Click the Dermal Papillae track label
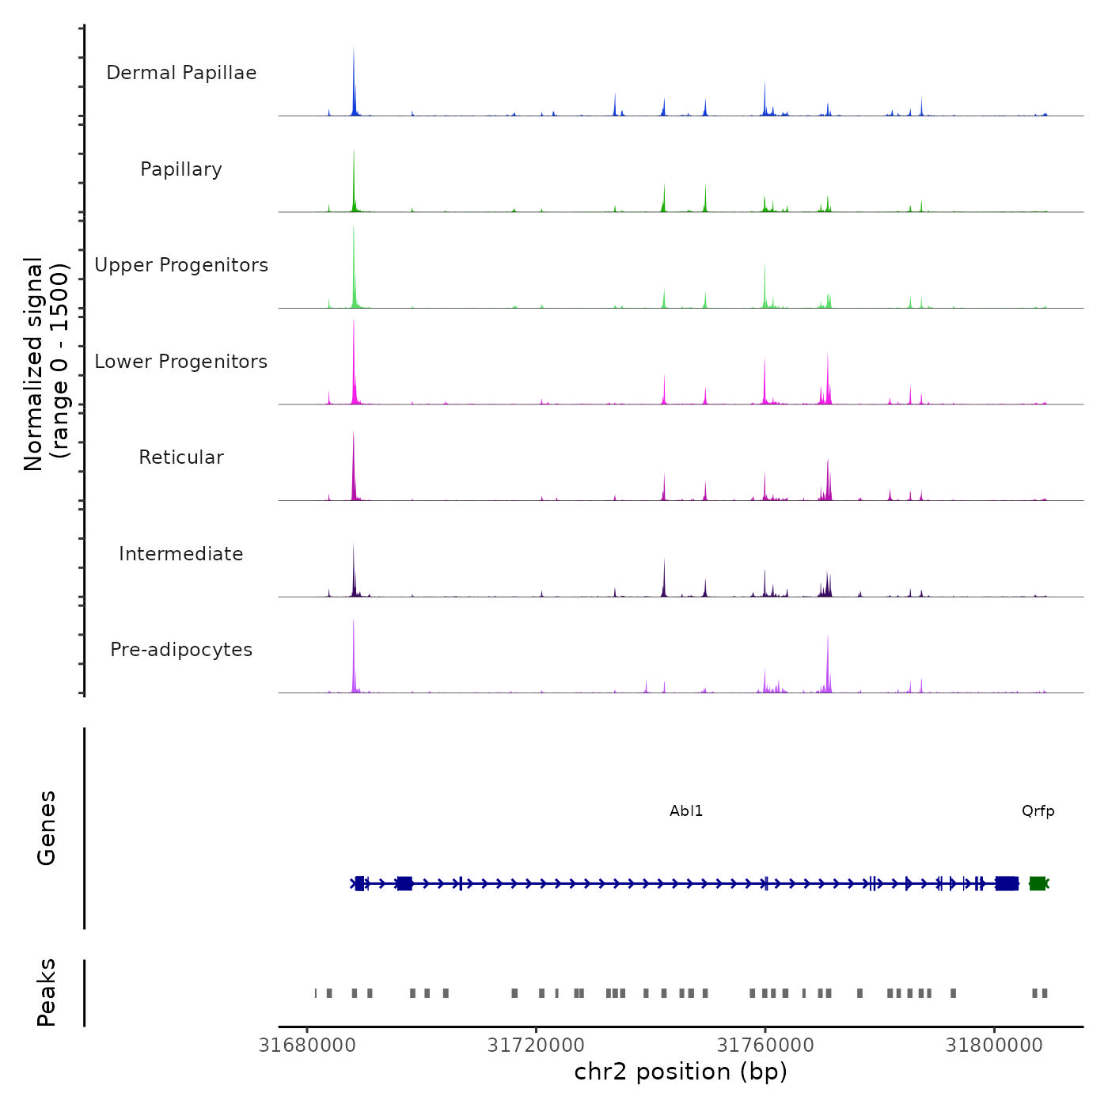(181, 73)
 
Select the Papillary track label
(181, 169)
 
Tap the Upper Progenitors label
(181, 265)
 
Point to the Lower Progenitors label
(181, 362)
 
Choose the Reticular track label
(181, 457)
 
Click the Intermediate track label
(181, 554)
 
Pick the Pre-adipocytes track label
(181, 650)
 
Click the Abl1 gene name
(686, 811)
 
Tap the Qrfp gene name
(1038, 811)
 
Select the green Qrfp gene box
(1037, 883)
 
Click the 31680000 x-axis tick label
(307, 1045)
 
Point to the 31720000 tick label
(536, 1045)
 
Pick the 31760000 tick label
(765, 1045)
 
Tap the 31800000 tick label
(994, 1045)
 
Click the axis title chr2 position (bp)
(681, 1072)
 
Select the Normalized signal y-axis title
(46, 364)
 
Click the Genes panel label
(47, 828)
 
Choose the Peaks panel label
(47, 992)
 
